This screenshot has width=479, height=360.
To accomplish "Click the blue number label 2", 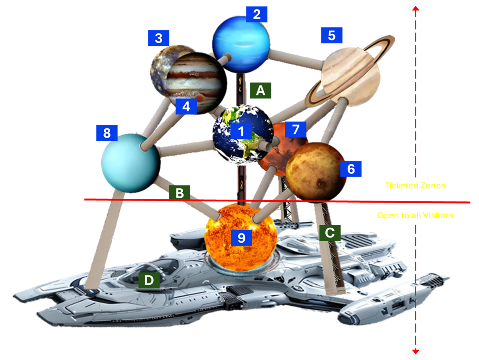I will pos(256,14).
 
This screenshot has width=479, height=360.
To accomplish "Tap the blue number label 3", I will pos(159,38).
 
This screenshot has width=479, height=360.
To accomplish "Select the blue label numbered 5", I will pos(332,35).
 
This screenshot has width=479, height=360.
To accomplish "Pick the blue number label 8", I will pos(106,133).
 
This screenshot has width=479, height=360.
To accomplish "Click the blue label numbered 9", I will pos(241,237).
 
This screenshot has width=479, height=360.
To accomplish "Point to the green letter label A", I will pos(261,90).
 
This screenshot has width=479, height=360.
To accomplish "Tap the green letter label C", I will pos(330,232).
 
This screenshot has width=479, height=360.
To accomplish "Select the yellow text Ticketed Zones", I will pos(415,185).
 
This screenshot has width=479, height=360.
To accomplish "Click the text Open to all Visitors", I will pos(415,216).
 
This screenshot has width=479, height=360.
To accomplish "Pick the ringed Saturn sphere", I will pos(351,76).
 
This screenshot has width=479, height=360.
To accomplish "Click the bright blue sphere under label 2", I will pos(241,42).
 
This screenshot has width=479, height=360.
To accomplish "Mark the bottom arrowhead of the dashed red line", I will pos(416,352).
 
